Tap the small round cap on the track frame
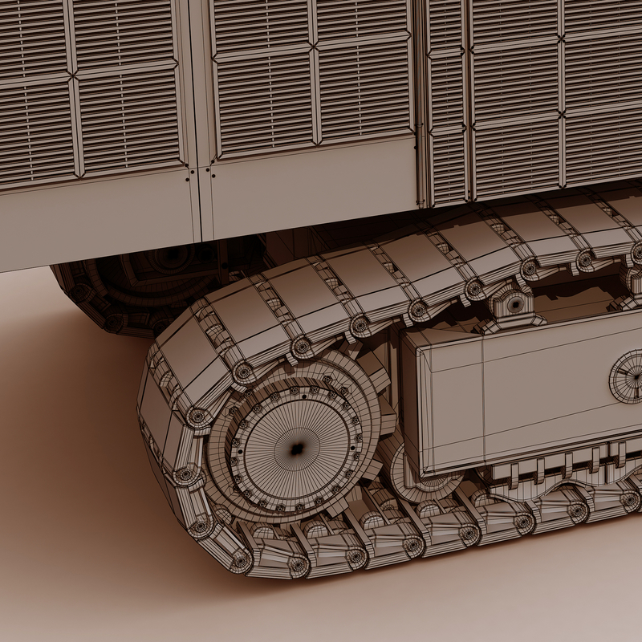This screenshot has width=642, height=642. pos(628,376)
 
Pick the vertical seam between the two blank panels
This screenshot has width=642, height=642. pos(201,205)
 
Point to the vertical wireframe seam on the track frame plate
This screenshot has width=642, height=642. pos(482,401)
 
